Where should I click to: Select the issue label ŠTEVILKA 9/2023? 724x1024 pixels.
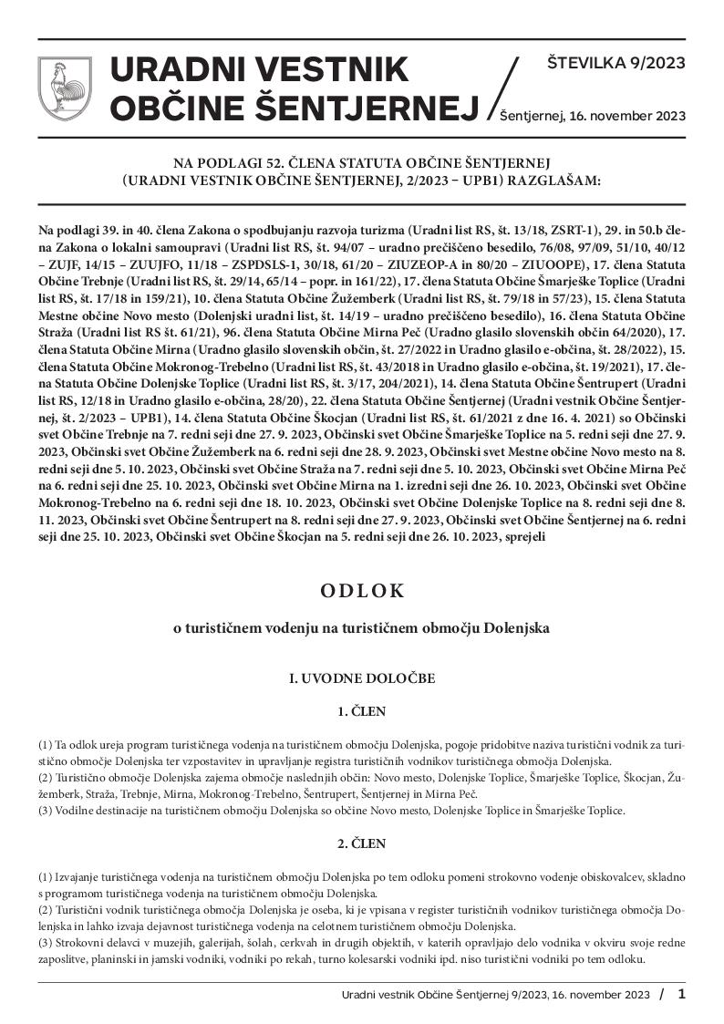coord(615,64)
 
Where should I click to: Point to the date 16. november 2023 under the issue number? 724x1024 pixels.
coord(628,117)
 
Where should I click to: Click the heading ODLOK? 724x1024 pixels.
coord(362,591)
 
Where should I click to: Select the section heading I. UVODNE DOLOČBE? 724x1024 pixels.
coord(362,678)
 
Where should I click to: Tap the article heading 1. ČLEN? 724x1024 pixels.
coord(362,711)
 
